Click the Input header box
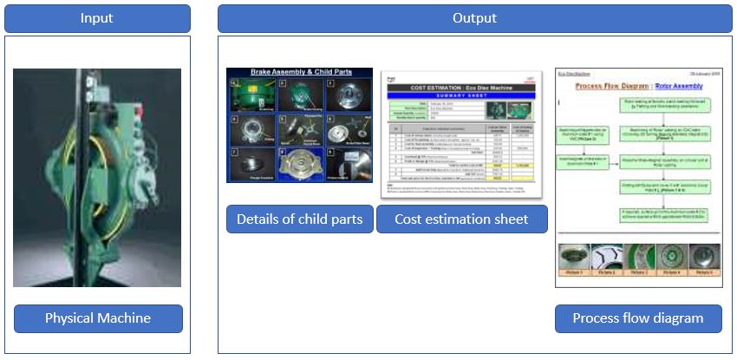click(x=97, y=18)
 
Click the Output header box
click(x=474, y=18)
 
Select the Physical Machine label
click(x=98, y=318)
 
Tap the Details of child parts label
click(x=299, y=219)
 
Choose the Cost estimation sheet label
click(x=461, y=219)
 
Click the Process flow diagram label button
click(x=638, y=318)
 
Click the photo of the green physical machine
click(x=97, y=178)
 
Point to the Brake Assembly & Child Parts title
click(x=299, y=75)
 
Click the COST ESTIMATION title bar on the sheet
click(x=461, y=88)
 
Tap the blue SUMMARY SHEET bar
click(x=461, y=95)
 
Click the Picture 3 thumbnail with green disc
click(x=638, y=258)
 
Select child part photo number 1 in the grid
click(x=251, y=95)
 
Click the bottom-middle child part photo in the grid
click(x=299, y=164)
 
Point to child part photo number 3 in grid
click(x=348, y=95)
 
